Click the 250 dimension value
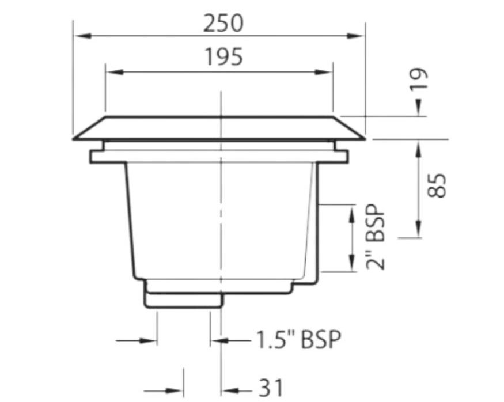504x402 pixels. pyautogui.click(x=223, y=23)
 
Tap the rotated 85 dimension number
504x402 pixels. pyautogui.click(x=439, y=185)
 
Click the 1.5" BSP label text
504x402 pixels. pyautogui.click(x=298, y=340)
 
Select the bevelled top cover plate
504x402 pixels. pyautogui.click(x=219, y=128)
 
